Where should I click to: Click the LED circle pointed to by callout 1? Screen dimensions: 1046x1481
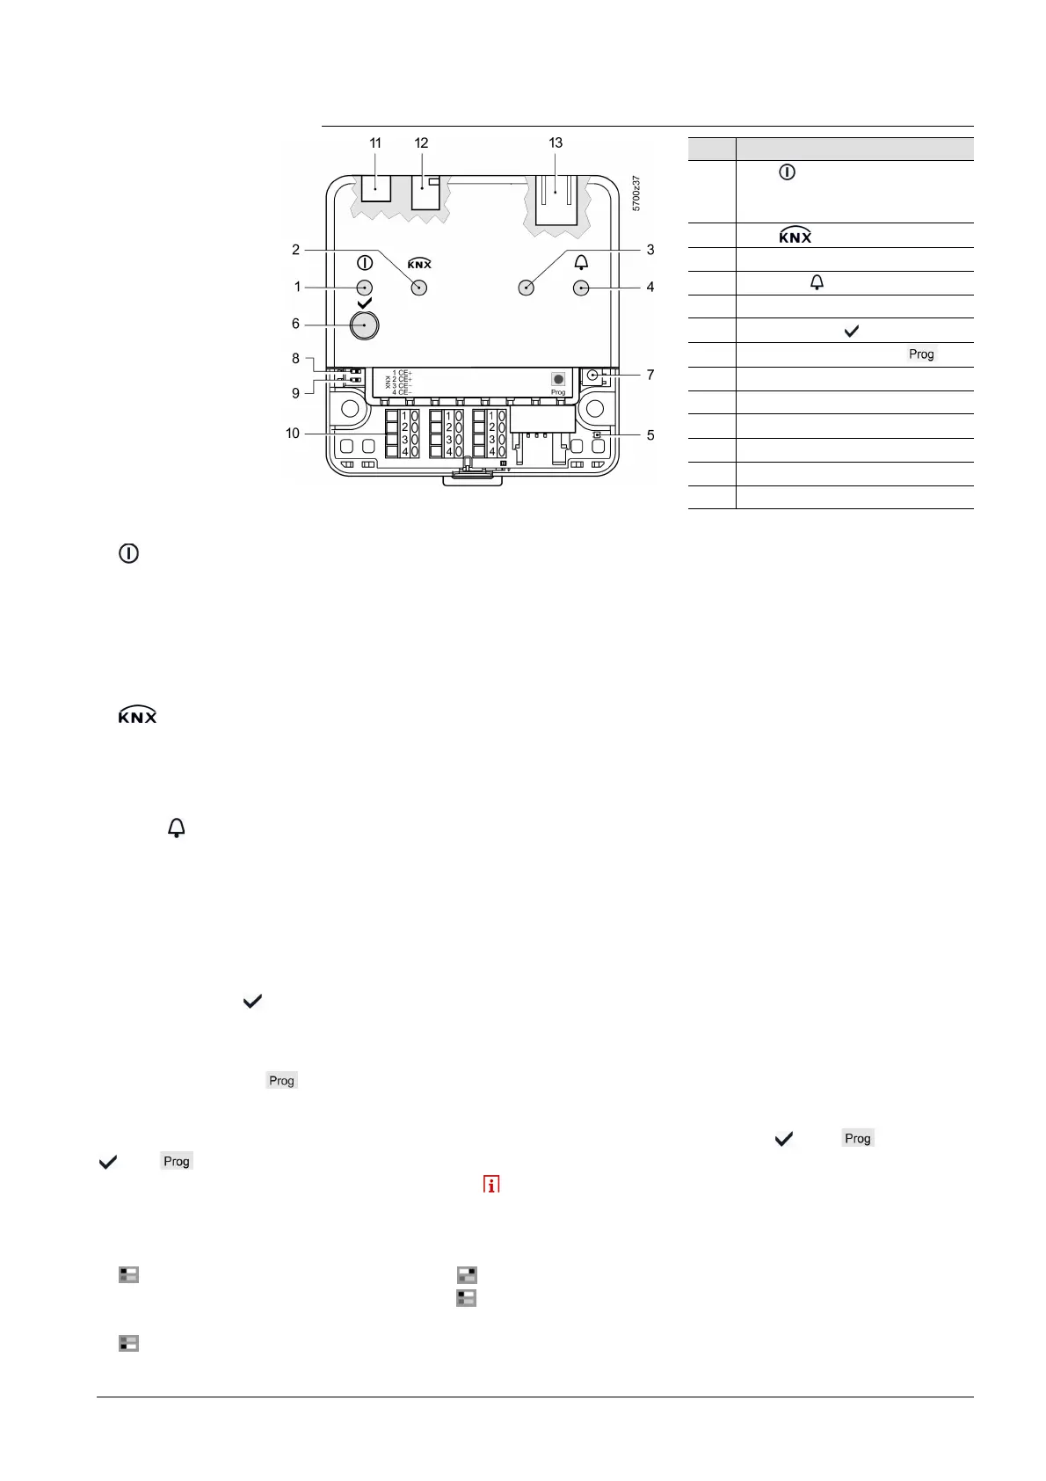pos(365,288)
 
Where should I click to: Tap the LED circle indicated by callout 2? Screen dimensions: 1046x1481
pos(419,288)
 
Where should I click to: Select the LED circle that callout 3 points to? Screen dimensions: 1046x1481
pos(527,288)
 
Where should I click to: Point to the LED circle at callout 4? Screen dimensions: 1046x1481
pos(581,288)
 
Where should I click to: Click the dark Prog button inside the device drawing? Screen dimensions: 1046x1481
pos(558,379)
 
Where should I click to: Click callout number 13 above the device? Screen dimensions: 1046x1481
pos(556,142)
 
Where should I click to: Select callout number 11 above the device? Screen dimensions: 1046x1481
pos(375,142)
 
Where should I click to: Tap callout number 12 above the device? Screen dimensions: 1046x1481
pos(421,142)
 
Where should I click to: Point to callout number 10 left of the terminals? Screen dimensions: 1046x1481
pos(293,433)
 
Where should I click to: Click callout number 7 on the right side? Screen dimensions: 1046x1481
pos(650,375)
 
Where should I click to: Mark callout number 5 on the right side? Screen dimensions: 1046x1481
pos(650,434)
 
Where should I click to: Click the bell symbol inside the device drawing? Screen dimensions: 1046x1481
pos(581,262)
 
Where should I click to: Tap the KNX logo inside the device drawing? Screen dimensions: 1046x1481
pos(419,263)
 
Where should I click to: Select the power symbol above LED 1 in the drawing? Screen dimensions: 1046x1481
pos(365,262)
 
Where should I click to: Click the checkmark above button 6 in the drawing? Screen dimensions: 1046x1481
pos(365,303)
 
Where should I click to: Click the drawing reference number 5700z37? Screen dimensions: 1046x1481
pos(636,193)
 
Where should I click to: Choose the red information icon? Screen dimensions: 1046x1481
pos(490,1184)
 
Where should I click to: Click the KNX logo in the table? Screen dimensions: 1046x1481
pos(795,236)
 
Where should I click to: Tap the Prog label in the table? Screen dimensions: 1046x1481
pos(921,354)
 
